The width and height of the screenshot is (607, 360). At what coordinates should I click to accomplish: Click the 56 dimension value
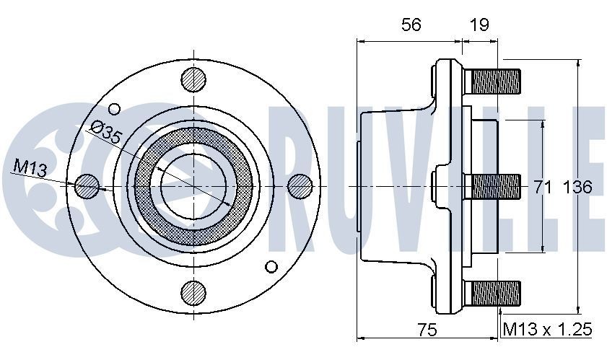point(411,25)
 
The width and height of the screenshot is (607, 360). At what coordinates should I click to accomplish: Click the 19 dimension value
point(479,25)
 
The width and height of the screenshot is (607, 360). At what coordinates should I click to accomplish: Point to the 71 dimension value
point(543,188)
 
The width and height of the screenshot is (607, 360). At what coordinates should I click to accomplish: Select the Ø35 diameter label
point(106,132)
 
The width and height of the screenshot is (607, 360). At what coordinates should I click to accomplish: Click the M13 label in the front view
point(30,169)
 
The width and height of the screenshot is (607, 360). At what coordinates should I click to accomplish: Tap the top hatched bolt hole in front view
point(193,79)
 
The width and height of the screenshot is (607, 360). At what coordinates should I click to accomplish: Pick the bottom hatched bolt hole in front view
point(193,293)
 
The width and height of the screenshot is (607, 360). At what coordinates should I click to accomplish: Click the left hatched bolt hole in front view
point(86,186)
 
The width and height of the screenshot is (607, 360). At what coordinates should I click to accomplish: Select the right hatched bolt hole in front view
point(299,186)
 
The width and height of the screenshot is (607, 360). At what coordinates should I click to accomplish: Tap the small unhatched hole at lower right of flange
point(271,265)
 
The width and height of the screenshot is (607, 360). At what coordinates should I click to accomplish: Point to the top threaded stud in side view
point(495,79)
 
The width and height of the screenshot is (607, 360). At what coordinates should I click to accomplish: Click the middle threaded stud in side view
point(495,187)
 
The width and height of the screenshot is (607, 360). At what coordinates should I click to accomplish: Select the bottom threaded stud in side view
point(495,292)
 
